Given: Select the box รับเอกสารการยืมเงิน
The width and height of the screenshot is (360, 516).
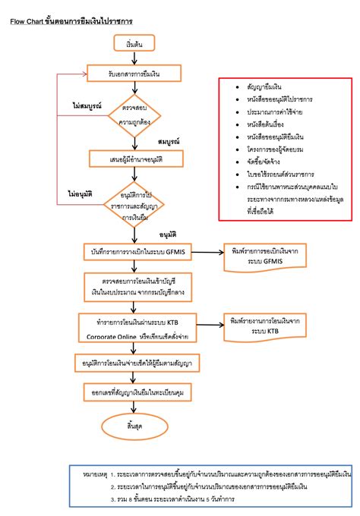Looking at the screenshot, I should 134,74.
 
